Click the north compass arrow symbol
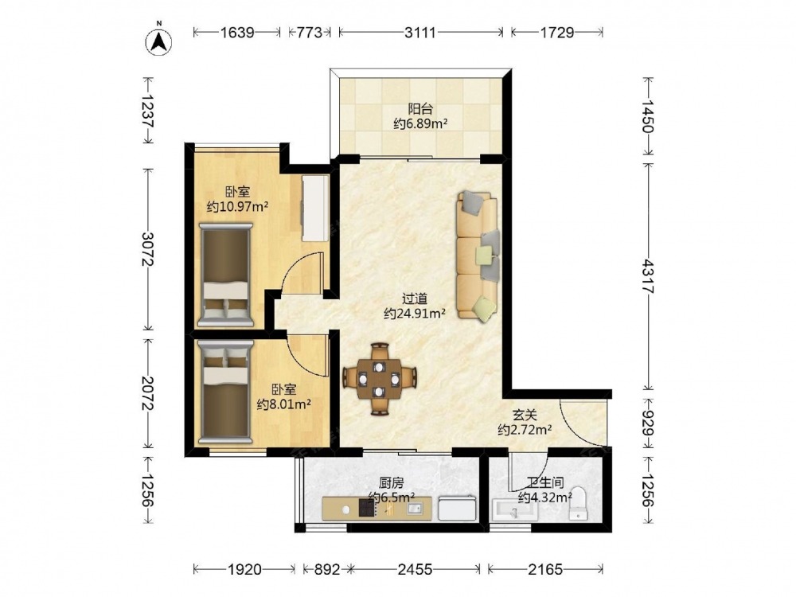click(159, 41)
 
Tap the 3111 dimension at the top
click(420, 33)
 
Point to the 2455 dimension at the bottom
click(416, 570)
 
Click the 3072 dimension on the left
click(148, 248)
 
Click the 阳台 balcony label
click(420, 108)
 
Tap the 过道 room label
click(414, 299)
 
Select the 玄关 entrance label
click(525, 416)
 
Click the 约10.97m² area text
click(237, 207)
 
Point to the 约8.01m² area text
click(284, 404)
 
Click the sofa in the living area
click(477, 256)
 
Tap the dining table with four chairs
click(380, 379)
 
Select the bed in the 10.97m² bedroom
click(226, 275)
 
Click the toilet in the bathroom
click(578, 505)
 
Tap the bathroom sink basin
click(514, 509)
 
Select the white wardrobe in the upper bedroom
click(315, 208)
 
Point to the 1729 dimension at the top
click(557, 33)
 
